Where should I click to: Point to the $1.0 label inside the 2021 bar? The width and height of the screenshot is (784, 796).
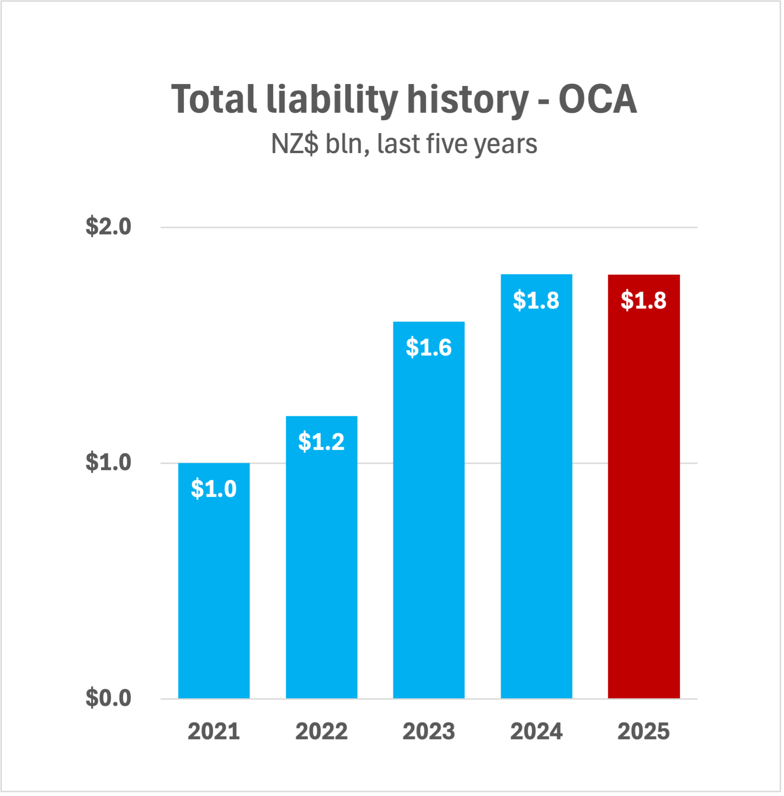point(214,489)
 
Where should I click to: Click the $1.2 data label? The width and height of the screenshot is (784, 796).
point(321,442)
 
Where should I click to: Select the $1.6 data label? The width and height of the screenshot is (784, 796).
point(429,348)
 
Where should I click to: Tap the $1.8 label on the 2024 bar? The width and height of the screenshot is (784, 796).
point(536,301)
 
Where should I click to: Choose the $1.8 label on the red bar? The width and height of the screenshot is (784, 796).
point(643,301)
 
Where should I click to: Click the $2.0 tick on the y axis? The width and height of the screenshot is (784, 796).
point(108,227)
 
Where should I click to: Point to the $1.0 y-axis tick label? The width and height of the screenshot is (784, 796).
point(108,463)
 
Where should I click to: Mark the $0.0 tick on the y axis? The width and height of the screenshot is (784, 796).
point(108,698)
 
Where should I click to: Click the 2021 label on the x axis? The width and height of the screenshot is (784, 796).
point(214,732)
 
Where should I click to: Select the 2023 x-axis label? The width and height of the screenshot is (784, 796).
point(429,732)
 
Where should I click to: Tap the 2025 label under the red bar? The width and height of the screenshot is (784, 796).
point(643,732)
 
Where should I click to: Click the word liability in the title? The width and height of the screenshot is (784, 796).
point(332,100)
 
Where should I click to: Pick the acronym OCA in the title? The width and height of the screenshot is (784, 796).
point(597,100)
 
